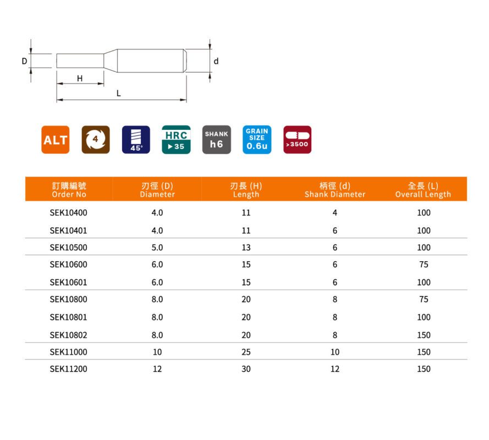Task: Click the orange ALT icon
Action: point(55,140)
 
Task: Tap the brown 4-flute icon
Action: point(95,140)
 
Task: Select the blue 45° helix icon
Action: point(136,140)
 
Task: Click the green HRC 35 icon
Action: point(176,140)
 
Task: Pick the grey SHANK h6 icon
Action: point(216,140)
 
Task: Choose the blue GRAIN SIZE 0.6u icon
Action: point(257,140)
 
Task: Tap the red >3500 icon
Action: point(297,140)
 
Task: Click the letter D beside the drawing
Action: point(24,61)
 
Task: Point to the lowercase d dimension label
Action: point(216,61)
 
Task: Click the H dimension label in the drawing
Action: point(80,78)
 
